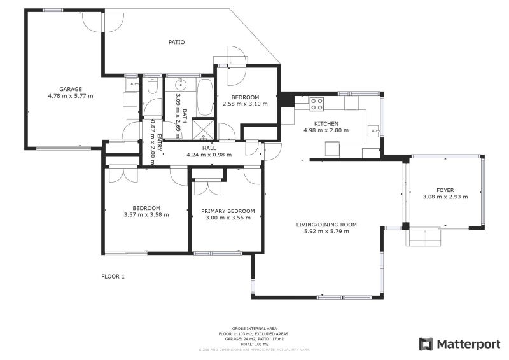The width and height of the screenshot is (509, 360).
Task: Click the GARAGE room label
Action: (x=70, y=89)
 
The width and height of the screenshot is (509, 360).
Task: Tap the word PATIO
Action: (x=176, y=43)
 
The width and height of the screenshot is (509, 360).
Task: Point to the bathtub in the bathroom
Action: (x=205, y=96)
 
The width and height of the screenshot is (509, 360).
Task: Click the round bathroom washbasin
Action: (x=180, y=83)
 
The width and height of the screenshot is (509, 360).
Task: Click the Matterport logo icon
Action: (x=426, y=344)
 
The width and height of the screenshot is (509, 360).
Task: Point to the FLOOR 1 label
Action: (x=113, y=277)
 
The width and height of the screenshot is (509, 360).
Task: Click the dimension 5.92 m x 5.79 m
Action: (x=326, y=231)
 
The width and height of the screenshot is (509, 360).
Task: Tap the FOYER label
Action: (x=445, y=190)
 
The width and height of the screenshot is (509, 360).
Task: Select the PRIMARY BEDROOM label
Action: (x=228, y=211)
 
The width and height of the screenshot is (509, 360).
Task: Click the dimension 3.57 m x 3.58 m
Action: (x=146, y=215)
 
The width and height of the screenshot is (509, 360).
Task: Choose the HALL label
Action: (x=209, y=148)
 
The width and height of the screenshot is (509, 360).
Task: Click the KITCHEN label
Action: (x=326, y=124)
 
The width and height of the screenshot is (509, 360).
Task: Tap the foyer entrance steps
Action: (x=424, y=238)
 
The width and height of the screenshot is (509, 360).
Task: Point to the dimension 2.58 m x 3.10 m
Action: (x=245, y=104)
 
